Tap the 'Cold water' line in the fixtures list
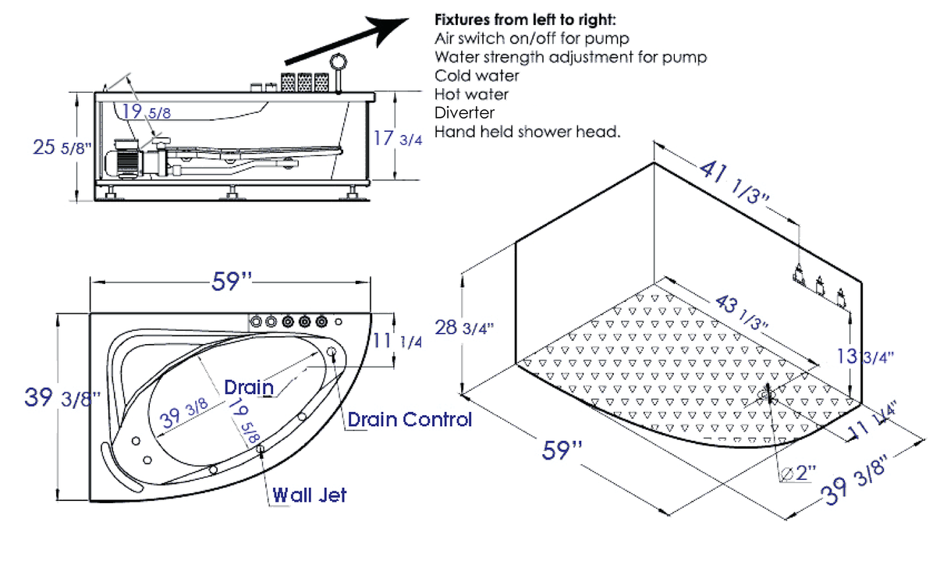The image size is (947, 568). [477, 76]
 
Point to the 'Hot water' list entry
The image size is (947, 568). [472, 94]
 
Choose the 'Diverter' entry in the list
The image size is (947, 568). [464, 113]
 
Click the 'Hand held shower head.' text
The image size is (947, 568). [527, 132]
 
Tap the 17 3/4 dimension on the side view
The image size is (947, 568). [398, 139]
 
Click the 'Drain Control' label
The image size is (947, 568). [410, 420]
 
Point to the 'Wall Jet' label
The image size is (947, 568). [309, 495]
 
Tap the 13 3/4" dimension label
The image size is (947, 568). [864, 357]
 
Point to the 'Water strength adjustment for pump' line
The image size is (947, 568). [570, 57]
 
